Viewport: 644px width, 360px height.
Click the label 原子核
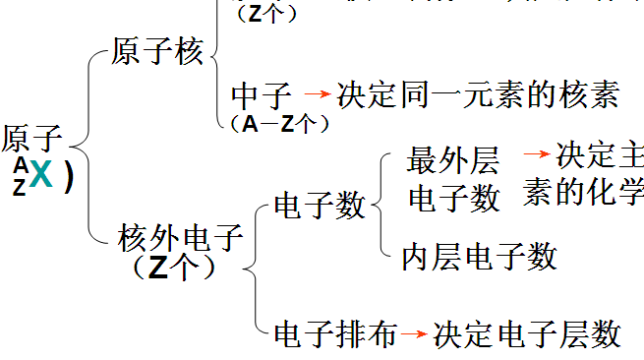[x=158, y=51]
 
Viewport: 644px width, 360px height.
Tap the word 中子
[x=262, y=96]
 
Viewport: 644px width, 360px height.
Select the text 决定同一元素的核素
[x=478, y=94]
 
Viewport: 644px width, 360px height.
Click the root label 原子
[x=31, y=138]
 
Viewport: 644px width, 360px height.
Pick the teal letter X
[x=40, y=174]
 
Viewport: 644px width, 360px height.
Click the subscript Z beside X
[x=20, y=188]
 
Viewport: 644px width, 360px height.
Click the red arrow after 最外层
[x=536, y=154]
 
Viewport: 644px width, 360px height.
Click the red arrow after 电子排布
[x=416, y=334]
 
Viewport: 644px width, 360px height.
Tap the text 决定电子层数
[x=527, y=333]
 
